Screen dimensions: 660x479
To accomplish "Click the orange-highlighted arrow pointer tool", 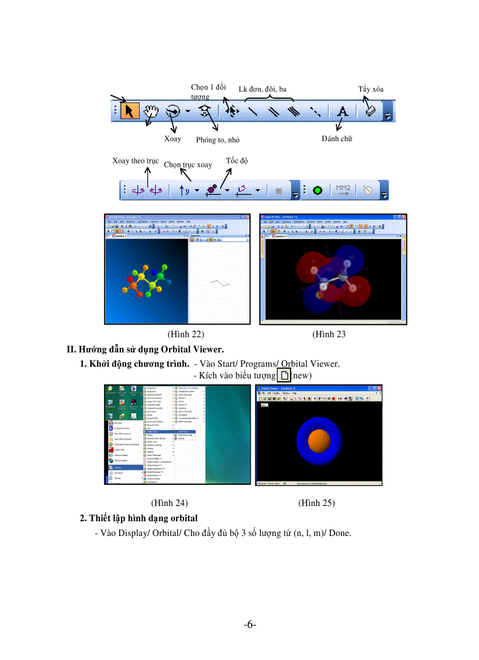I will click(x=129, y=110).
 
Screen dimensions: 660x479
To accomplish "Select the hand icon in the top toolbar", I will click(x=151, y=110).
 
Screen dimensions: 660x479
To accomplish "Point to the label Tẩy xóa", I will click(x=370, y=89).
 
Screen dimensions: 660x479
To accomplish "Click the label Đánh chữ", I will click(x=337, y=139).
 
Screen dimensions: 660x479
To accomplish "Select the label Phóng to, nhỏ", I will click(x=218, y=140).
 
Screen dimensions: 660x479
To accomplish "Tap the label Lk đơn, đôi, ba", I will click(x=262, y=89).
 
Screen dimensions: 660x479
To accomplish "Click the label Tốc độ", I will click(x=237, y=160).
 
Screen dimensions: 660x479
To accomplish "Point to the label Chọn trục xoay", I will click(x=188, y=165).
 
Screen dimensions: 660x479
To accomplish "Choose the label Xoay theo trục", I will click(x=135, y=161).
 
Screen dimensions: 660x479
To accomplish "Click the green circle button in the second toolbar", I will click(x=318, y=191).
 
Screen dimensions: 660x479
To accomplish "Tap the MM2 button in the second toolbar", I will click(x=342, y=190).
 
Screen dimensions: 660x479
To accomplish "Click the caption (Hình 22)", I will click(x=185, y=334).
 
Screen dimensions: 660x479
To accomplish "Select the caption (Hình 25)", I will click(x=316, y=503).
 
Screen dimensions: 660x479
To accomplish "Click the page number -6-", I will click(x=250, y=624).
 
